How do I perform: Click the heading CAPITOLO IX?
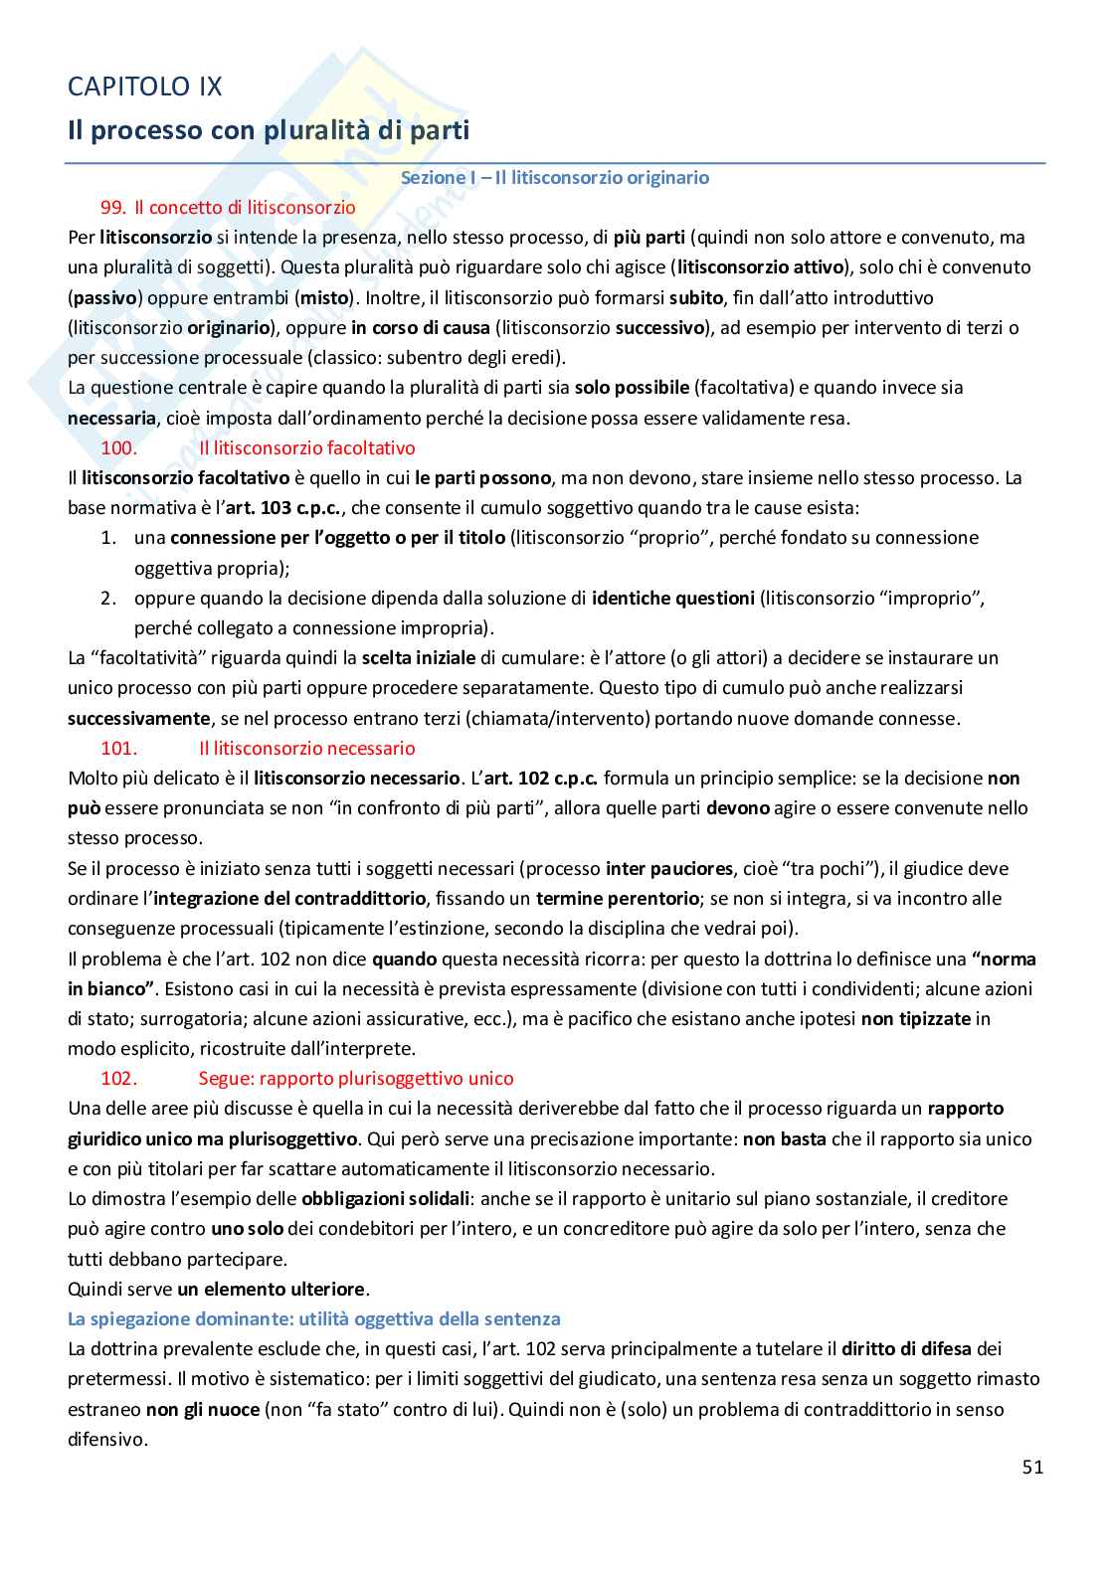[x=144, y=87]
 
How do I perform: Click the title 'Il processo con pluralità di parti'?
[x=268, y=129]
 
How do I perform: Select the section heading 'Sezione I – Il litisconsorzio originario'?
[x=554, y=177]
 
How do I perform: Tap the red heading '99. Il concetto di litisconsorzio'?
[x=228, y=207]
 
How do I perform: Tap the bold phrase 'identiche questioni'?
[x=672, y=598]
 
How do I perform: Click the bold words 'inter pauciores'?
[x=667, y=868]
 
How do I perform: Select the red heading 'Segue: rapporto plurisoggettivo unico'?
[x=356, y=1078]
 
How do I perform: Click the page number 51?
[x=1031, y=1467]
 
